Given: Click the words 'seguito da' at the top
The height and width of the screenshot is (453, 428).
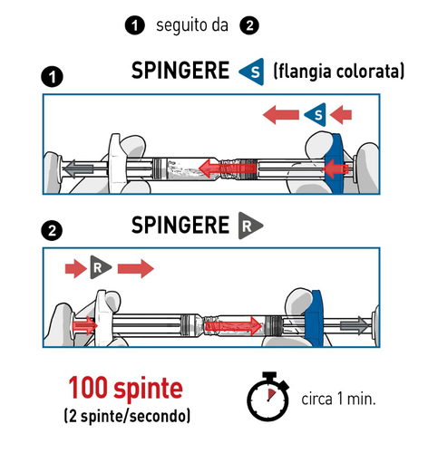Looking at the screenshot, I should pyautogui.click(x=193, y=26).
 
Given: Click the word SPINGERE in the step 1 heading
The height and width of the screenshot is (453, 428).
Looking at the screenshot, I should pyautogui.click(x=180, y=71).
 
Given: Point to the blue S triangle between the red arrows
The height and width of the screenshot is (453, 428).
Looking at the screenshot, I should pyautogui.click(x=315, y=113).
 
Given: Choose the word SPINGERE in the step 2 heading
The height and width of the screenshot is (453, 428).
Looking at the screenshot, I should pyautogui.click(x=180, y=224).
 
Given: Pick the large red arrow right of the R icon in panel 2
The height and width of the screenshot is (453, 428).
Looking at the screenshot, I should pyautogui.click(x=135, y=267).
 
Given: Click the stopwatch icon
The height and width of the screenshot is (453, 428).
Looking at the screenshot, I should pyautogui.click(x=268, y=399).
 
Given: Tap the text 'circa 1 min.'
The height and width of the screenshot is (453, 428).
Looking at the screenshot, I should pyautogui.click(x=337, y=400).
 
